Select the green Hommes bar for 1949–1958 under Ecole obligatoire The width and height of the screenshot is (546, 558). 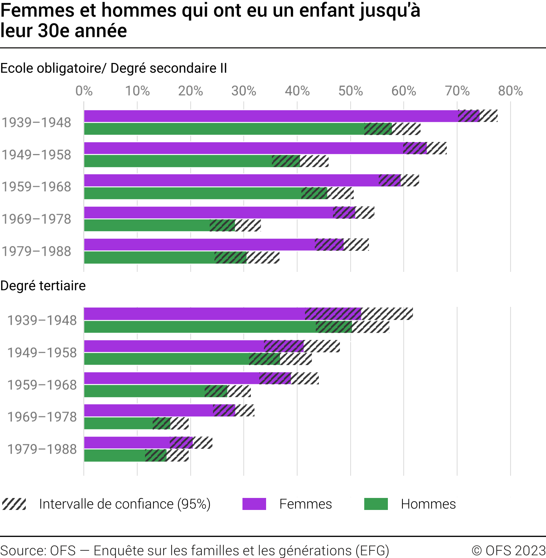tap(178, 161)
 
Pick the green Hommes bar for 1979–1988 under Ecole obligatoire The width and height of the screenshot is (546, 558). tap(149, 257)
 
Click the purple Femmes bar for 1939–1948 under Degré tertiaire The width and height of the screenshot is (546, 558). tap(194, 314)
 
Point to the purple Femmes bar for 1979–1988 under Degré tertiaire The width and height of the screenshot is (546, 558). tap(127, 443)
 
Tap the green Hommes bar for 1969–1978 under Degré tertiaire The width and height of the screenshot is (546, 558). tap(118, 423)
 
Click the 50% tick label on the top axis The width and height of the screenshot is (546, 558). tap(350, 91)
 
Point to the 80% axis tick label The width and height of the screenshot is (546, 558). tap(510, 91)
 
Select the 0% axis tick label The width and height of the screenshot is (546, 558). tap(84, 91)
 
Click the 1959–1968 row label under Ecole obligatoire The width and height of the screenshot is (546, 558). tap(36, 187)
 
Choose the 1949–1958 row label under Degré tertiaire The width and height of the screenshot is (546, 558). tap(42, 353)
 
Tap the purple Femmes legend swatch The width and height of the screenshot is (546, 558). tap(254, 504)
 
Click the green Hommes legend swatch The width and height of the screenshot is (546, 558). tap(376, 504)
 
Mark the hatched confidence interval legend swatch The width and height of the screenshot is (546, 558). tap(14, 504)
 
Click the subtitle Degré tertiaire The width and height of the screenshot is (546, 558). tap(43, 286)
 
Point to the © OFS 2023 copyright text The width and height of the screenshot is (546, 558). tap(508, 550)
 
